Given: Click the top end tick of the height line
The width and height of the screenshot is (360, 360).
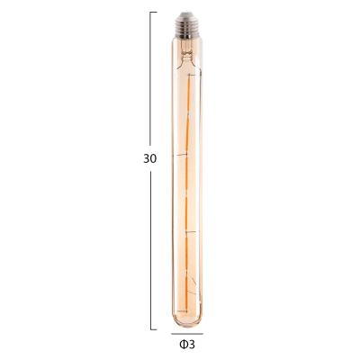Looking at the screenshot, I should pos(153,13).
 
